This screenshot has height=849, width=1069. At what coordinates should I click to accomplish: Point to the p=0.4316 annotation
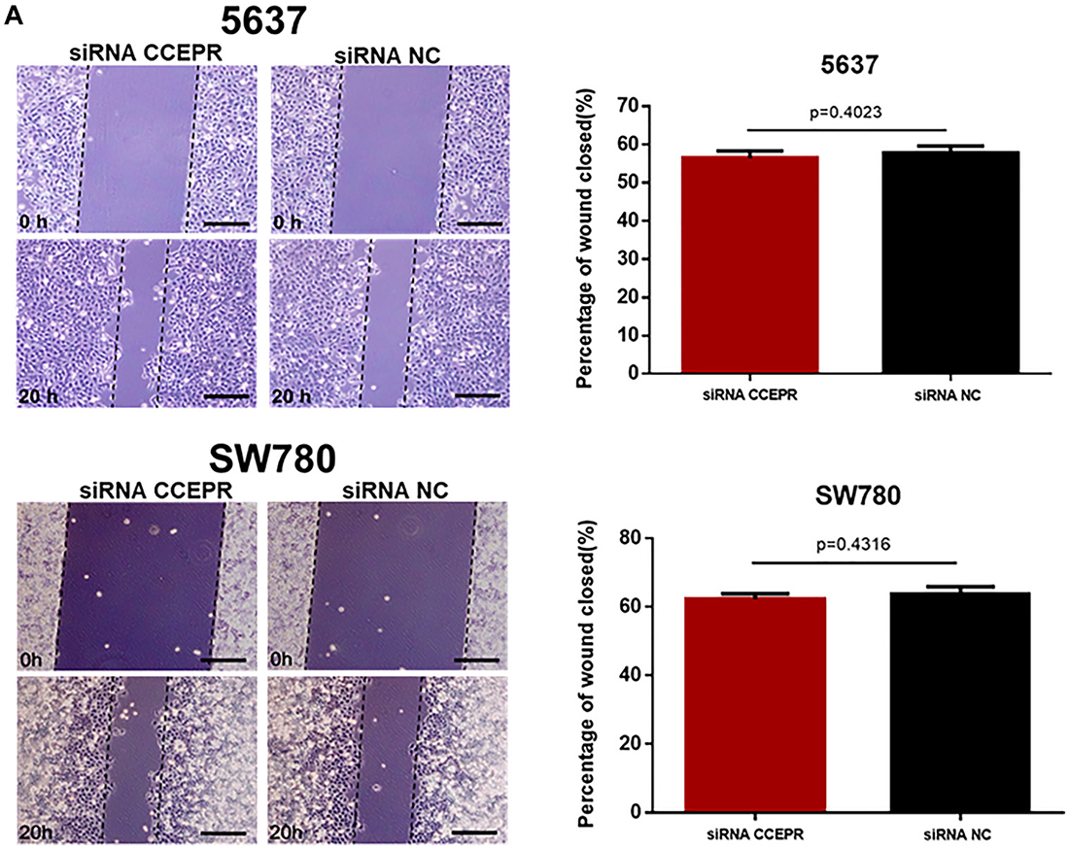click(854, 545)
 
